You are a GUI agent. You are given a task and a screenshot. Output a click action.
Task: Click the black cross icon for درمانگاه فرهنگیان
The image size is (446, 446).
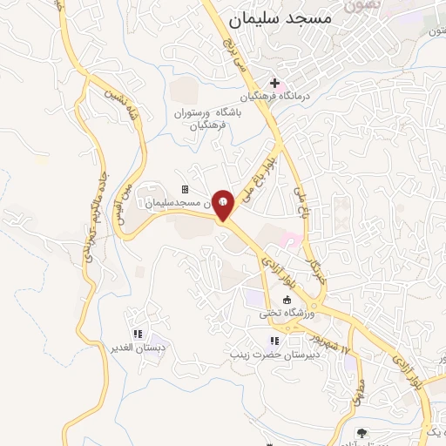point(275,83)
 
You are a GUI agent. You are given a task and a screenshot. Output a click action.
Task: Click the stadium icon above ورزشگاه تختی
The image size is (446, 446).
point(287,300)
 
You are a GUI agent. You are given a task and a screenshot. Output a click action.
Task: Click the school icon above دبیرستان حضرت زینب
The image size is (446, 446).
point(274,341)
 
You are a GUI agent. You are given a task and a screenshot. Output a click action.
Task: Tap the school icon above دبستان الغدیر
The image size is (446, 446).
point(137,334)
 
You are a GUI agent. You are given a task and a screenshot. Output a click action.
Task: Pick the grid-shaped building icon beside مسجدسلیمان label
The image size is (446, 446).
point(185,190)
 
